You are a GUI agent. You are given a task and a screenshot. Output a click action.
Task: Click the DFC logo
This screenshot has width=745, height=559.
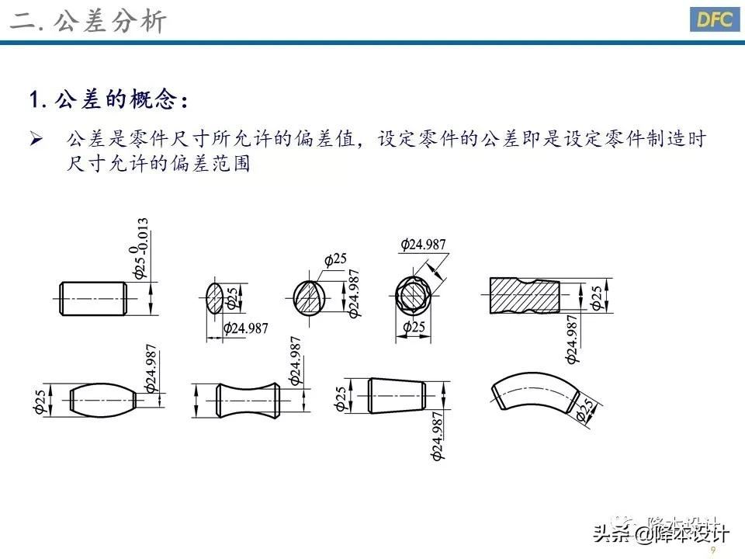coord(713,20)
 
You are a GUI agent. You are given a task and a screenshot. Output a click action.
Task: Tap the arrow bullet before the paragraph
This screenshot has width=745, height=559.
coord(36,140)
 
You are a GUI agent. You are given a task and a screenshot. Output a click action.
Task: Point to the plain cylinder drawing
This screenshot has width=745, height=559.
coord(92,297)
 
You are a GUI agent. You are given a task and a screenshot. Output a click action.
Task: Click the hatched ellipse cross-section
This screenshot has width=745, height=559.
coord(215,297)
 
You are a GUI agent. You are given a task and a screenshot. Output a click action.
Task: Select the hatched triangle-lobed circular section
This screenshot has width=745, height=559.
coord(311,297)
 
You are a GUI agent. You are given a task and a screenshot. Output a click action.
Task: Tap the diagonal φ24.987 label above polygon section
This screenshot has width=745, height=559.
coord(424,245)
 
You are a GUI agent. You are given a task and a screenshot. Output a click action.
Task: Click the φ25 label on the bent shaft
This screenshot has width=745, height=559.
coord(587,411)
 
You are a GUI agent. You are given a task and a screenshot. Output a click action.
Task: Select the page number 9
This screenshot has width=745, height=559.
coord(712,550)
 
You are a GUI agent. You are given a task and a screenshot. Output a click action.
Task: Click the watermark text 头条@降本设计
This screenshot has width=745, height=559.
coord(660,533)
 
